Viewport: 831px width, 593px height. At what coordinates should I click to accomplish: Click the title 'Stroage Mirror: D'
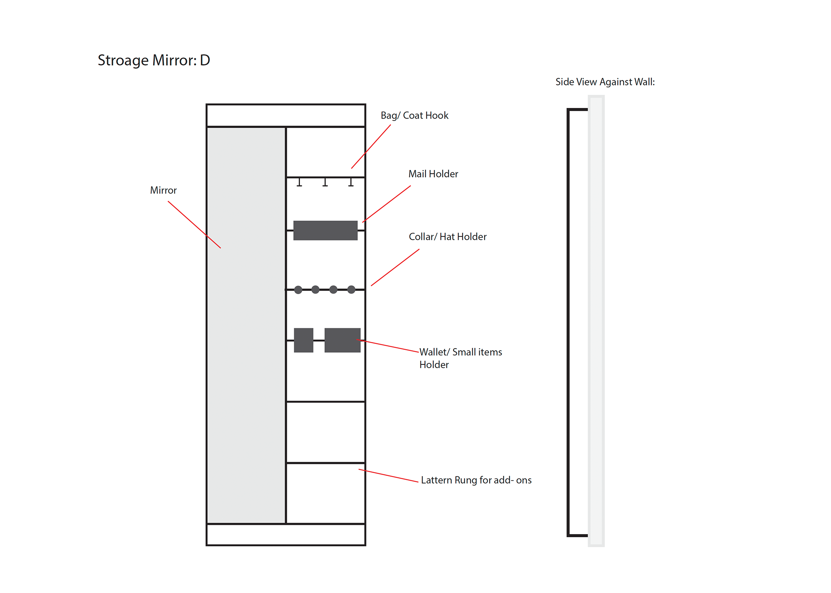pyautogui.click(x=154, y=60)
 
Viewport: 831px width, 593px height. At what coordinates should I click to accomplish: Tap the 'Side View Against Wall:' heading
pyautogui.click(x=605, y=82)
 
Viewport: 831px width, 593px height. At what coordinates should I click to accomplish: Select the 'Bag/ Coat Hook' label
pyautogui.click(x=414, y=115)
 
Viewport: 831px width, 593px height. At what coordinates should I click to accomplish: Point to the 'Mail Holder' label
pyautogui.click(x=433, y=174)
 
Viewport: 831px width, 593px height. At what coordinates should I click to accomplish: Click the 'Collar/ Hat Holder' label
pyautogui.click(x=447, y=237)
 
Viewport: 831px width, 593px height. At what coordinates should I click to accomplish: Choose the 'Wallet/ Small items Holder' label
pyautogui.click(x=460, y=358)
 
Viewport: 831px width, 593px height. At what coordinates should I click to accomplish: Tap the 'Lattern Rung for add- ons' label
pyautogui.click(x=476, y=480)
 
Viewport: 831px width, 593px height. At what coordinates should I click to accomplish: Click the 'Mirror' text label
pyautogui.click(x=163, y=190)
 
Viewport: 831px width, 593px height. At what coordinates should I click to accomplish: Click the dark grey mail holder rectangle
pyautogui.click(x=325, y=230)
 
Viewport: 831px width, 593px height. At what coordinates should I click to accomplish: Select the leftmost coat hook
pyautogui.click(x=300, y=182)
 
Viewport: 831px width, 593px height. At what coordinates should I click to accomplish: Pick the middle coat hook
pyautogui.click(x=325, y=182)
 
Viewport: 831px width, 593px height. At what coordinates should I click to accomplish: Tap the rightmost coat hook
pyautogui.click(x=351, y=182)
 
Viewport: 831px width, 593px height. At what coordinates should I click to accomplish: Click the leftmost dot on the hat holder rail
pyautogui.click(x=298, y=290)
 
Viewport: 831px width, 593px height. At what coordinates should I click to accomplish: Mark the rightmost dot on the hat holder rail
pyautogui.click(x=351, y=290)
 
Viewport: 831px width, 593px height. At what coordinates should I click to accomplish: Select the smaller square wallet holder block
pyautogui.click(x=304, y=340)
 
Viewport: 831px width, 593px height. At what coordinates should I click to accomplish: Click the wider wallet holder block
pyautogui.click(x=342, y=340)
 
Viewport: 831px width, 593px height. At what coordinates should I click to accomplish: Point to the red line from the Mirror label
pyautogui.click(x=194, y=225)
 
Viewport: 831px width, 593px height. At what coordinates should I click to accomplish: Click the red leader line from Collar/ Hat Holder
pyautogui.click(x=395, y=268)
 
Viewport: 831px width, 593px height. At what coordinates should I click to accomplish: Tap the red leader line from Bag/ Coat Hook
pyautogui.click(x=371, y=147)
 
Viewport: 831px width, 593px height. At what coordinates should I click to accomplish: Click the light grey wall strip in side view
pyautogui.click(x=596, y=320)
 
